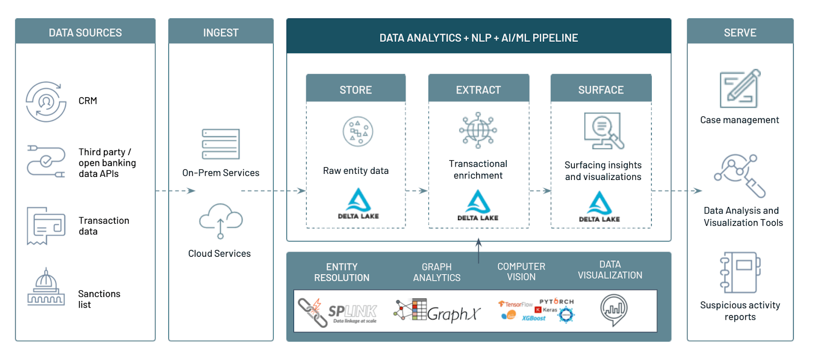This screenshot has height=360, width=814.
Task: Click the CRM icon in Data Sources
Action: [46, 102]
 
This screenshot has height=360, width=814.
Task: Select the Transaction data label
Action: [104, 226]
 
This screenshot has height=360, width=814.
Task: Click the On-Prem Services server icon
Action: [220, 144]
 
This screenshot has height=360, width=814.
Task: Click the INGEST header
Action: [221, 33]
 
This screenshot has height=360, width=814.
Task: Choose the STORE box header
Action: [356, 90]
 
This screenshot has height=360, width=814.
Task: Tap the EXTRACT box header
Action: [478, 90]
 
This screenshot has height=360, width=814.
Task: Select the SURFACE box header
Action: [601, 90]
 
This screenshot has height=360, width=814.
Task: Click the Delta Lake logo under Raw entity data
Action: [358, 204]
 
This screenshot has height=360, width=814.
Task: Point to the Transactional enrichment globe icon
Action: [478, 131]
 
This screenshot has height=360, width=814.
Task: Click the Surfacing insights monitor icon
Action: [603, 131]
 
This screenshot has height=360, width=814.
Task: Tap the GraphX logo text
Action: [453, 314]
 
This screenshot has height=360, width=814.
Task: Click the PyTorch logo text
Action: [557, 302]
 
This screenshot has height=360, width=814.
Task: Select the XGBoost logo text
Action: [534, 318]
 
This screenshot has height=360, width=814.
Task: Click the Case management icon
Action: [740, 88]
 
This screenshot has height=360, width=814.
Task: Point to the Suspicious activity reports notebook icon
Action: [740, 273]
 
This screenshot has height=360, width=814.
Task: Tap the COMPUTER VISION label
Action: [521, 272]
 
